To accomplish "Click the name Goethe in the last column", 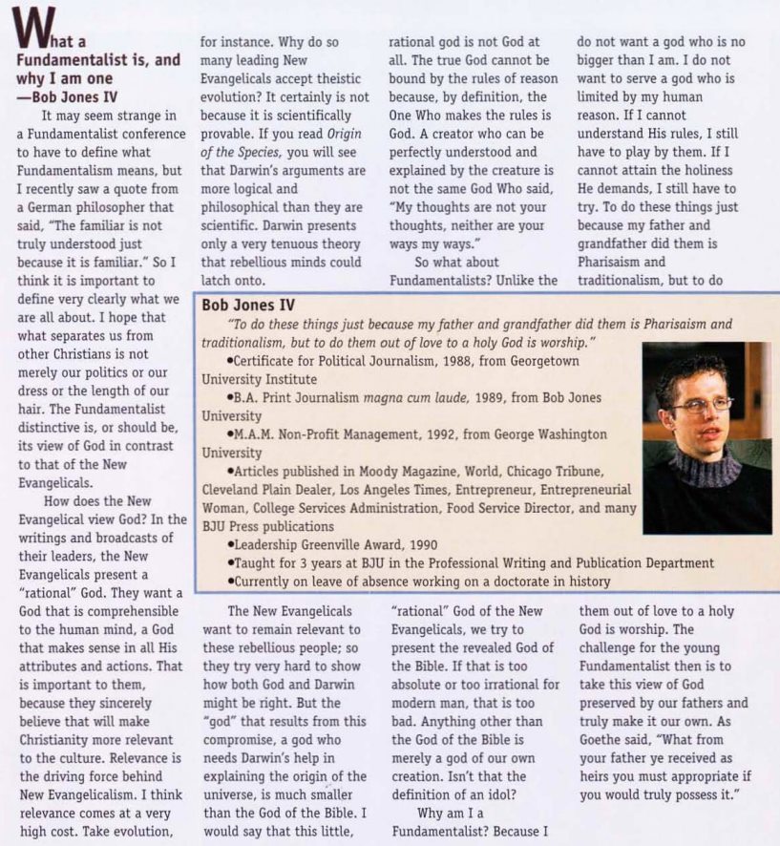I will (x=602, y=739).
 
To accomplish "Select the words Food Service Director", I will (x=529, y=507).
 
